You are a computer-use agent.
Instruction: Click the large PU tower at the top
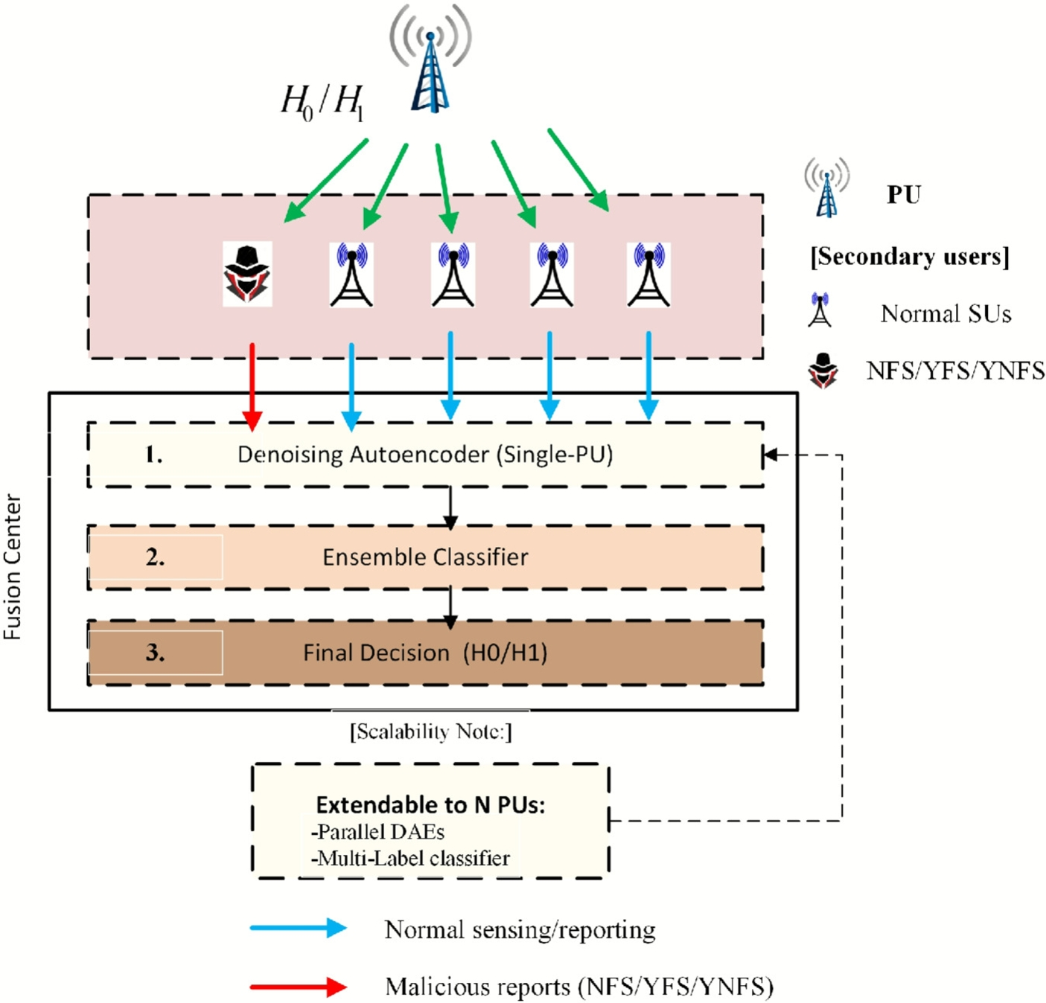(430, 67)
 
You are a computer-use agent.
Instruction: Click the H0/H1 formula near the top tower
(322, 101)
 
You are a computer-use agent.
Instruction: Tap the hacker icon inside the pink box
(247, 274)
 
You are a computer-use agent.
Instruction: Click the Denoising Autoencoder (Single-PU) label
(425, 454)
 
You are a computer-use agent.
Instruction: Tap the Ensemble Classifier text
(425, 557)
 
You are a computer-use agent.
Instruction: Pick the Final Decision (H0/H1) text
(425, 653)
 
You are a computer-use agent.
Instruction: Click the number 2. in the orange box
(155, 557)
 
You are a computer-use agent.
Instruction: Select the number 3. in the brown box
(155, 653)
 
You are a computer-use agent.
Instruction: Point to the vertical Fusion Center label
(13, 565)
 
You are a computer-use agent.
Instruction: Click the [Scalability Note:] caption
(431, 731)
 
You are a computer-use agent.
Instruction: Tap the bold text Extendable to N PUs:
(430, 804)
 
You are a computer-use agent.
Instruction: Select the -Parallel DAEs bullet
(377, 832)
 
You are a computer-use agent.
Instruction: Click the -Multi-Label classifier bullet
(410, 859)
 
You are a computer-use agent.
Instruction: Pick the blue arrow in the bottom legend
(298, 928)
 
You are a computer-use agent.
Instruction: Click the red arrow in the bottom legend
(298, 987)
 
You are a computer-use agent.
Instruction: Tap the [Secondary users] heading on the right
(910, 257)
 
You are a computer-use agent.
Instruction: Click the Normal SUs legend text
(945, 314)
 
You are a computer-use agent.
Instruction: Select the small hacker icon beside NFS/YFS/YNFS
(823, 370)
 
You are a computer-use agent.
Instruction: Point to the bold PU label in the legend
(904, 195)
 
